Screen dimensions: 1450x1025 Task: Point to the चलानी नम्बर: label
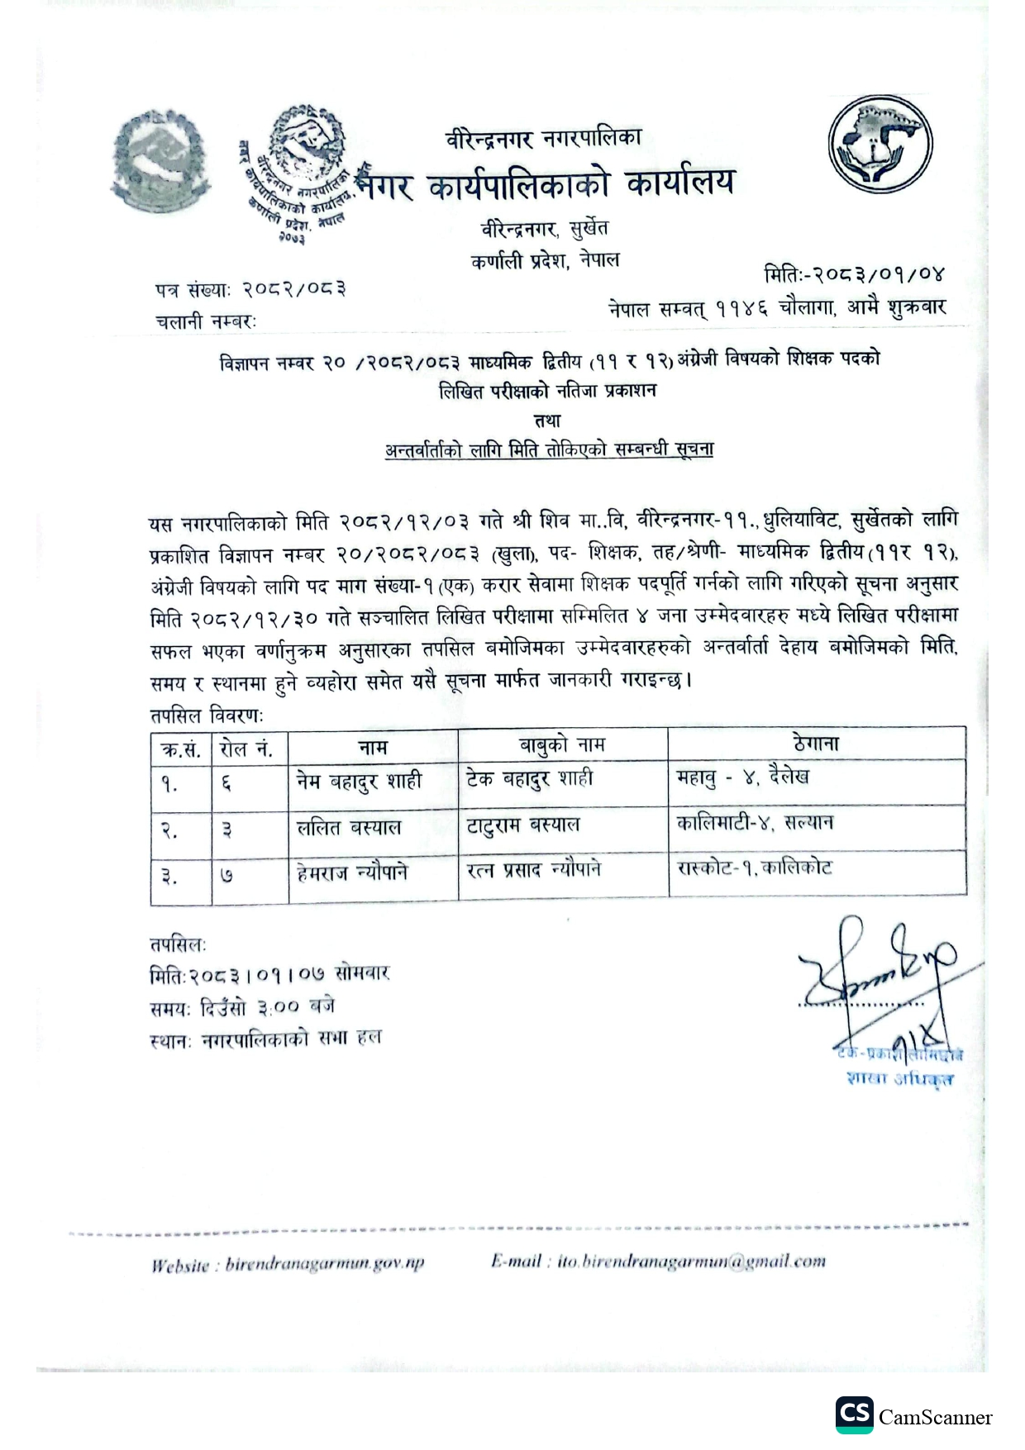click(x=206, y=321)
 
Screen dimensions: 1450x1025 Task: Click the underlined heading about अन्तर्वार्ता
click(x=549, y=450)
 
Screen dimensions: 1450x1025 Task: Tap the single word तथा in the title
click(x=547, y=421)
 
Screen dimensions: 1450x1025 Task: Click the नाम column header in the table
click(x=373, y=748)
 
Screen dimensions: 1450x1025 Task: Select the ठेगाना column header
click(x=816, y=744)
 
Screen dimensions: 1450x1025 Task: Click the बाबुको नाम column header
click(x=562, y=745)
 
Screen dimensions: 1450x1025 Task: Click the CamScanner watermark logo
click(x=913, y=1417)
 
